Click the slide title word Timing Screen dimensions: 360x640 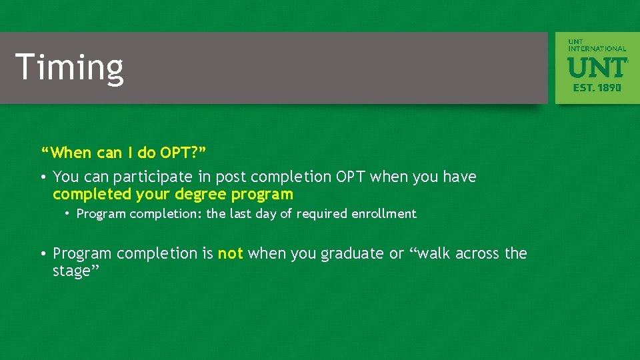tap(69, 68)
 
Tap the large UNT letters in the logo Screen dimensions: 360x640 tap(597, 67)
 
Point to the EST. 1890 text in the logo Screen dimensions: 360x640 tap(597, 87)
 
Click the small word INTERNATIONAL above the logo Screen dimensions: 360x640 tap(597, 49)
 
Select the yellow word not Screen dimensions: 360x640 tap(230, 253)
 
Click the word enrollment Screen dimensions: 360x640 tap(387, 213)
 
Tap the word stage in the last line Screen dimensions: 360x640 tap(71, 272)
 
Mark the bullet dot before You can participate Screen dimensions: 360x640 tap(43, 177)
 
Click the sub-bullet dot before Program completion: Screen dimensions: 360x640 tap(68, 214)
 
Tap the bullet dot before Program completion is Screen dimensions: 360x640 tap(43, 254)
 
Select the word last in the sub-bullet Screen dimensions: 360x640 tap(240, 213)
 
